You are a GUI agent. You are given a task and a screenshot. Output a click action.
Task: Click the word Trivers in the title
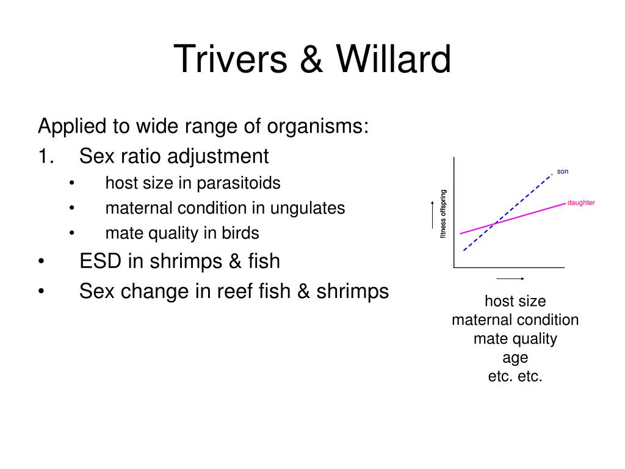(x=231, y=60)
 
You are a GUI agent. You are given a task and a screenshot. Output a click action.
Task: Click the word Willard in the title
(x=394, y=60)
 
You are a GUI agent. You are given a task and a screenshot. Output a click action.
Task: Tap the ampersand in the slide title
(x=311, y=60)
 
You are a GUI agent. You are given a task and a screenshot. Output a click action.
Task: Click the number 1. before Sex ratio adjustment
(x=47, y=156)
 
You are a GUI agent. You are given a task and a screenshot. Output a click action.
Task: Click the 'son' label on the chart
(x=562, y=172)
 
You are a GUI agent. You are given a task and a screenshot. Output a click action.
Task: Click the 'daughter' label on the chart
(x=580, y=203)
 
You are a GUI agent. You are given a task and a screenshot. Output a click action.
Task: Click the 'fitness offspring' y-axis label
(x=444, y=214)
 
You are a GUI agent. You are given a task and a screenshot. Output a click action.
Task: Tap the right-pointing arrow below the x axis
(x=511, y=278)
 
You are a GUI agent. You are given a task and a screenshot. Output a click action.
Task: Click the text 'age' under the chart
(x=515, y=357)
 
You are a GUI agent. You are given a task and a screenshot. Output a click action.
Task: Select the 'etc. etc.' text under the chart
(x=515, y=376)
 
